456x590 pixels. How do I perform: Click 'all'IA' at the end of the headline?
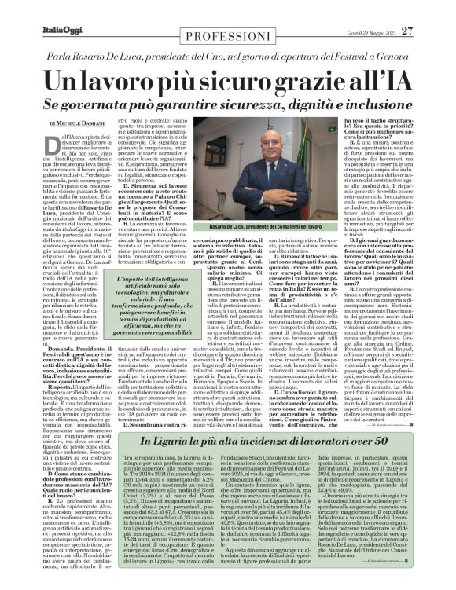point(369,81)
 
